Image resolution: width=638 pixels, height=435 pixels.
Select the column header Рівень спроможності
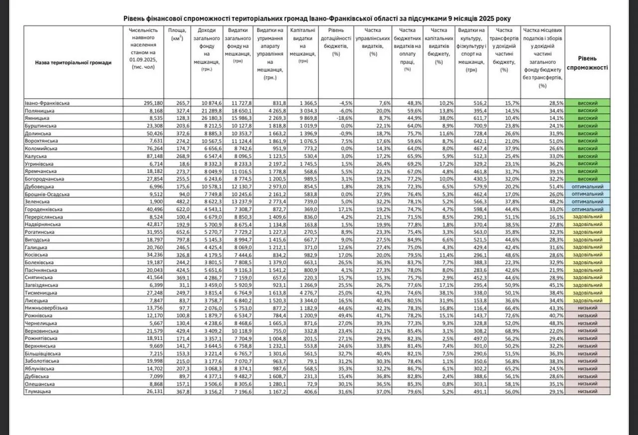pos(587,62)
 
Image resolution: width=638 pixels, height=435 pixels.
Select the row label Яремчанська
pos(44,171)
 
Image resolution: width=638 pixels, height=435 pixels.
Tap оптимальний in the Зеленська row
pos(588,202)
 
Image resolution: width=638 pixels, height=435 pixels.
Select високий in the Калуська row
pos(587,156)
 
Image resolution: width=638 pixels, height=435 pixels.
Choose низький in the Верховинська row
pos(587,331)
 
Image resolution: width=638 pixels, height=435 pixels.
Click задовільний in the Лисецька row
pos(587,300)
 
